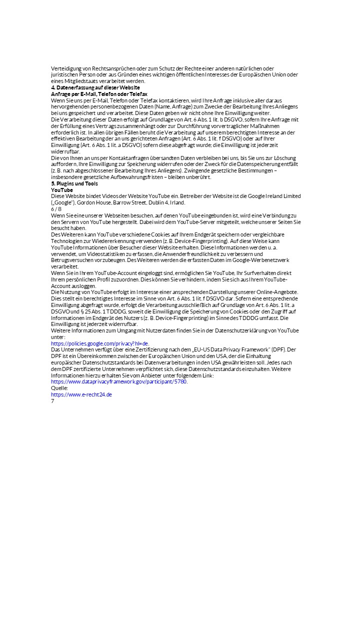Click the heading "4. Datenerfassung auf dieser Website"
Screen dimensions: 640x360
(95, 87)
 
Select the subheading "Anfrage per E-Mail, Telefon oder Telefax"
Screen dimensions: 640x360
(99, 94)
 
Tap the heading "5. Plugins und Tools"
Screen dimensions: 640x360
(74, 183)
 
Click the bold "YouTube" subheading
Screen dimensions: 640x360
(62, 190)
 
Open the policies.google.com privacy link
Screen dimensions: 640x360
(100, 343)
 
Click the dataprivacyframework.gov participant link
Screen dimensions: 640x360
(119, 381)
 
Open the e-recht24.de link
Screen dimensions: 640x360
(81, 394)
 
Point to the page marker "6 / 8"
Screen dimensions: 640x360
(56, 209)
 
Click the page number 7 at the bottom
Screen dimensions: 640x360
(52, 401)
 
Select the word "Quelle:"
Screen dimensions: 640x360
(59, 388)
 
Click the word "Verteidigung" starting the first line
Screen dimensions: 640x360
(64, 68)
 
